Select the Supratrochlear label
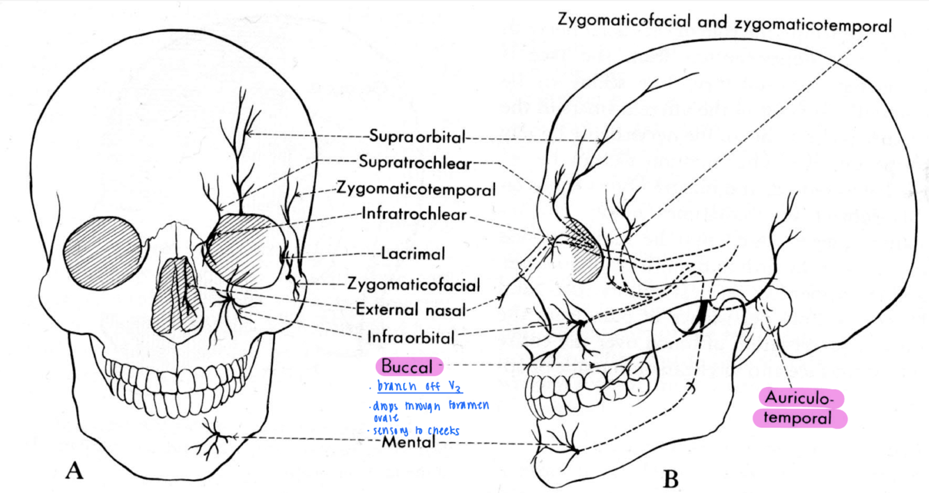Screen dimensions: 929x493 pos(416,162)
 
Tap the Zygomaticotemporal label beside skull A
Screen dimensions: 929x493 pos(416,189)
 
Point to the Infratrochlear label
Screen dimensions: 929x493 pos(414,214)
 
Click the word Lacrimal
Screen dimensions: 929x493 pos(413,254)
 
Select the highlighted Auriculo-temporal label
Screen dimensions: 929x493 pos(800,409)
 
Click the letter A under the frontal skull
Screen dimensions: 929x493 pos(75,471)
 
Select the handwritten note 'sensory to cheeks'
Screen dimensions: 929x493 pos(418,430)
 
